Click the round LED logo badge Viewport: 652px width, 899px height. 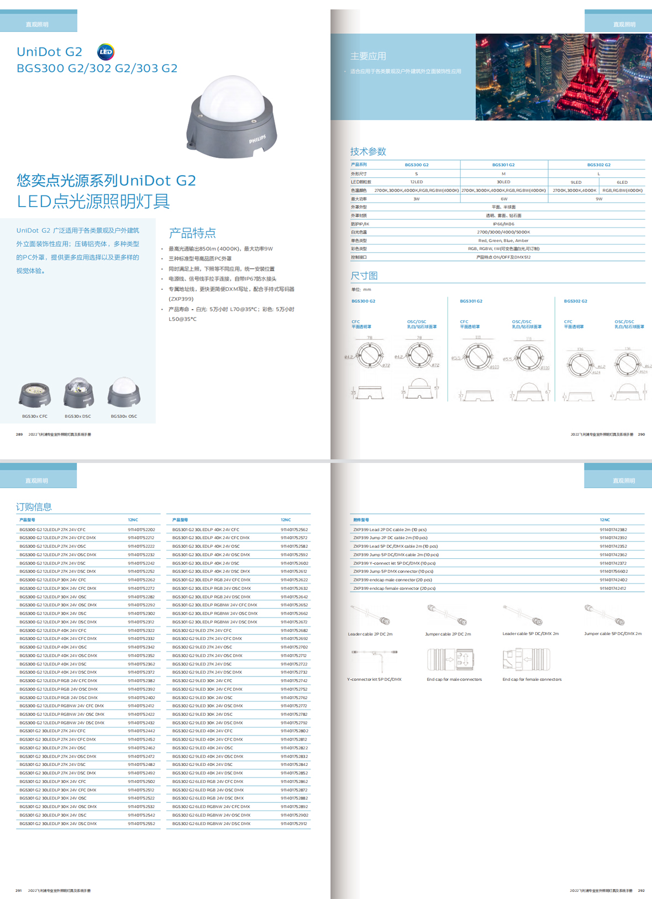(x=106, y=52)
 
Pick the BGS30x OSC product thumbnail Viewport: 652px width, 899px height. (x=124, y=393)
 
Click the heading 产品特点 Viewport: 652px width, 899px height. (x=192, y=233)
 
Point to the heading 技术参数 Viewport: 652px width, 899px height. (x=368, y=152)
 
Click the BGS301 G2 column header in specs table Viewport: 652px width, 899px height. (x=503, y=165)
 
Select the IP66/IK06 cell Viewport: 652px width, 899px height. (x=503, y=224)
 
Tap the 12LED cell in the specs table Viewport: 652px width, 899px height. (x=417, y=182)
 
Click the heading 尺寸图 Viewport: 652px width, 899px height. (x=364, y=276)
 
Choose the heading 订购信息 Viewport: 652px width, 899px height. (x=34, y=507)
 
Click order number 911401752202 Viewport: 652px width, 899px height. (x=141, y=530)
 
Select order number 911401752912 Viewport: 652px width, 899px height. (x=295, y=823)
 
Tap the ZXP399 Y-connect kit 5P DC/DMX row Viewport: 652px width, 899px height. (x=395, y=563)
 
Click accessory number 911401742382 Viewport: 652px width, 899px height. (x=613, y=530)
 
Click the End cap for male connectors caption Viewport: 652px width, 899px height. (x=454, y=680)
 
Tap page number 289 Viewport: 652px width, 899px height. (x=19, y=435)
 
